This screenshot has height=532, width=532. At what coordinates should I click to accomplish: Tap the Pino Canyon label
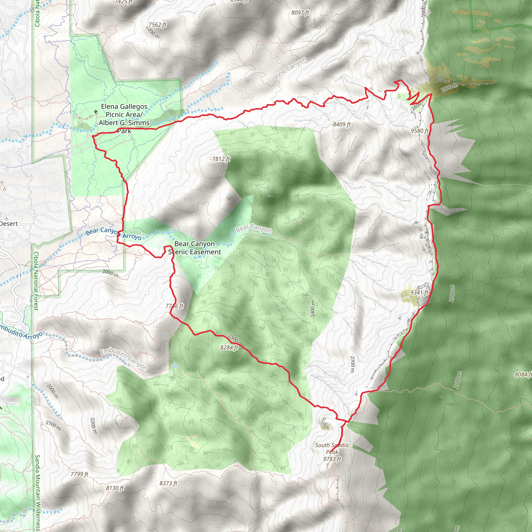pos(290,68)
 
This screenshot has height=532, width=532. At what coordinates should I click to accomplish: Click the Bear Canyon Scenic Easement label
pos(194,248)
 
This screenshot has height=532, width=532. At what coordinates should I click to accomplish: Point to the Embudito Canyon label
pos(124,360)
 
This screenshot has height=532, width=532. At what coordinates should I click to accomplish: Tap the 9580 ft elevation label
pos(419,131)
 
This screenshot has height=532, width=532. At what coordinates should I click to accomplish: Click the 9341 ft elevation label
pos(419,292)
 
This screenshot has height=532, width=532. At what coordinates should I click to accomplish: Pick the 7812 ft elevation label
pos(221,159)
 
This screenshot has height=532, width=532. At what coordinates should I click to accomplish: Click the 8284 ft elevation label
pos(229,348)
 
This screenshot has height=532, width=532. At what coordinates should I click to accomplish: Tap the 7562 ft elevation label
pos(157,25)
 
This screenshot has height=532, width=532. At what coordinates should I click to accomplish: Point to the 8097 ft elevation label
pos(300,13)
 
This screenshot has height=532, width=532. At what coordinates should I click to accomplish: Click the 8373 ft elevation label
pos(168,483)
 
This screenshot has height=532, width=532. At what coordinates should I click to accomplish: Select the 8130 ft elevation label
pos(115,488)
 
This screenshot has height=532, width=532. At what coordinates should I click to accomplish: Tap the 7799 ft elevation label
pos(79,474)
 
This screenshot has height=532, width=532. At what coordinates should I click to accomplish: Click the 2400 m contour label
pos(313,308)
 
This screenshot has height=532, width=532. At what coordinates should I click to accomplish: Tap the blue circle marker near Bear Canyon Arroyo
pos(171,231)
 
